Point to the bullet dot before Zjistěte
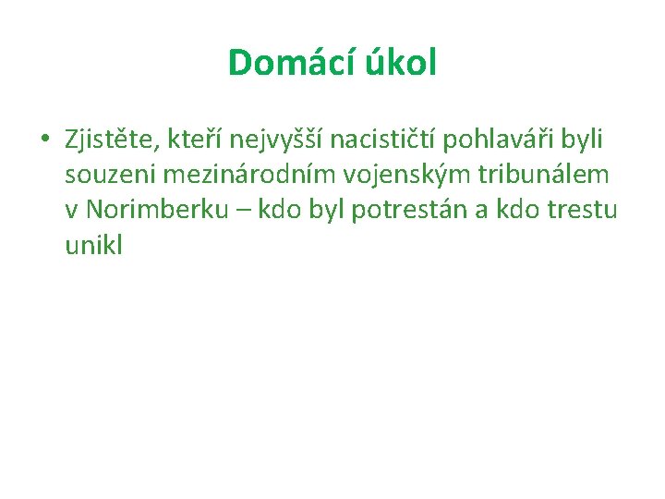(43, 140)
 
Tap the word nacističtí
(383, 140)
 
